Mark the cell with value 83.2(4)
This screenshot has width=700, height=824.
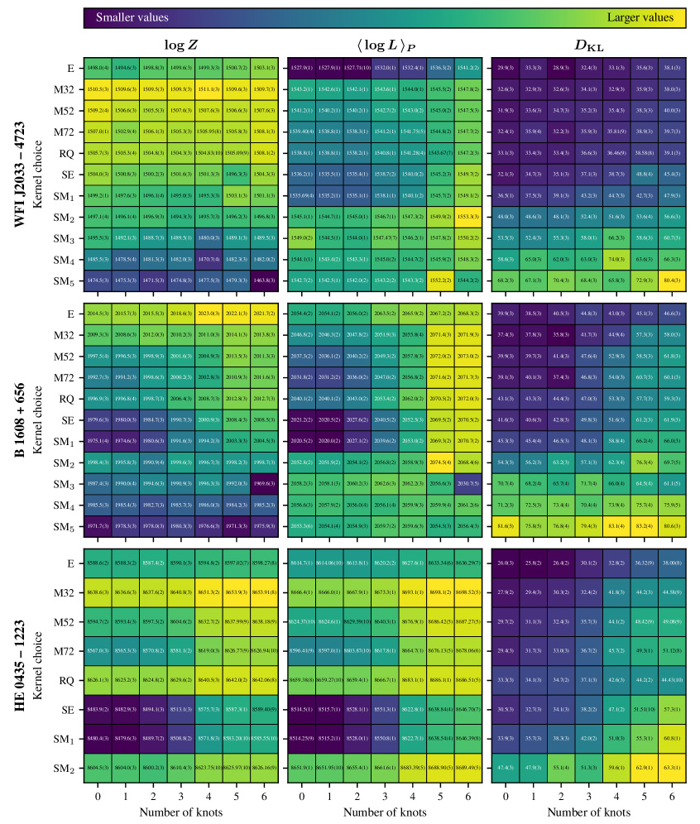(645, 525)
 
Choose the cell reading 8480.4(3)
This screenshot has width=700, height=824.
(97, 739)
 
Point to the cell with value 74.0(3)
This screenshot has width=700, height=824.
(616, 259)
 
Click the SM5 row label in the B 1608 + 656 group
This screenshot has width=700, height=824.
(66, 526)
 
